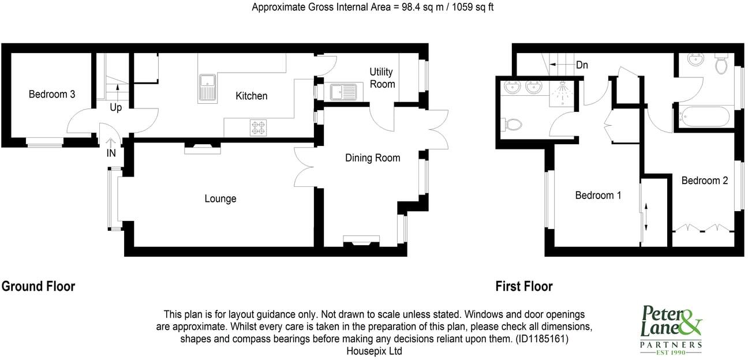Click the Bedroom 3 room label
coord(52,94)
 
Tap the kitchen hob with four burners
coord(258,127)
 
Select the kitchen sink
coord(206,88)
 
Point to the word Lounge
coord(220,198)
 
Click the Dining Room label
coord(372,157)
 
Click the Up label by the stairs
coord(115,107)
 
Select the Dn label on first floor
coord(582,65)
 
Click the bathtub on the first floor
coord(704,117)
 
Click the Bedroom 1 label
coord(598,195)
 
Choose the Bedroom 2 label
coord(704,181)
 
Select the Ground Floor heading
coord(39,286)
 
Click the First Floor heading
coord(523,286)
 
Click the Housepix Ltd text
coord(374,351)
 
